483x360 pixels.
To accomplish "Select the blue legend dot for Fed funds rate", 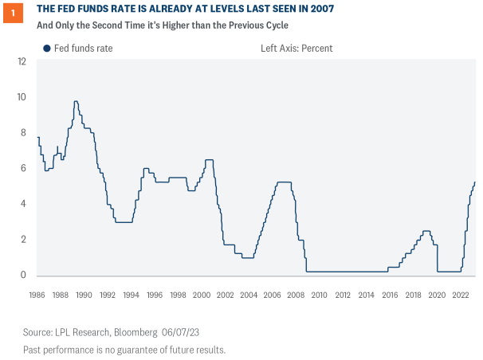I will [x=47, y=49].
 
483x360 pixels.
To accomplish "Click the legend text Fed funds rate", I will [x=83, y=49].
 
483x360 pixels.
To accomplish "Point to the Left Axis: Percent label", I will [x=296, y=49].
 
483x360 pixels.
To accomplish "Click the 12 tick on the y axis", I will [x=22, y=61].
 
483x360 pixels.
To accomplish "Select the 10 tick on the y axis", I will [x=22, y=97].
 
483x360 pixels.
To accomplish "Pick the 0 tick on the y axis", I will [x=24, y=276].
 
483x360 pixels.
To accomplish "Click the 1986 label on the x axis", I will [x=37, y=295].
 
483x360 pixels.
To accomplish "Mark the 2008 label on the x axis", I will [x=296, y=295].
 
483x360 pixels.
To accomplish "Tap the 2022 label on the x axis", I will [x=460, y=295].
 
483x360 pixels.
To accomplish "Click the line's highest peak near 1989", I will [x=76, y=101].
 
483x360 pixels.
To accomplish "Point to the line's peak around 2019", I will [x=426, y=231].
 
